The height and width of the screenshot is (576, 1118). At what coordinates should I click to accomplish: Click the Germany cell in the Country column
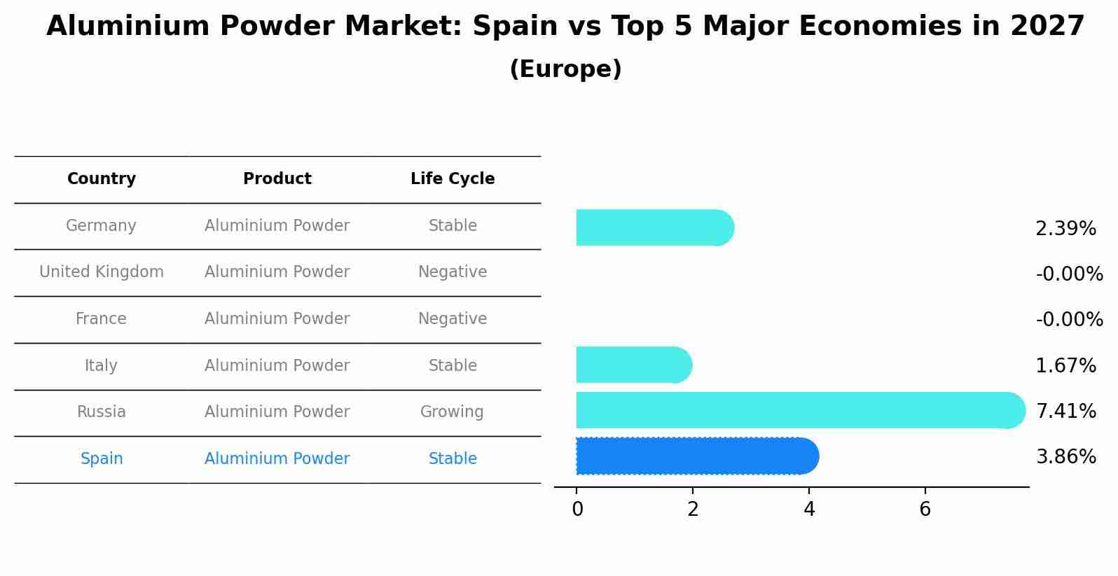click(x=101, y=226)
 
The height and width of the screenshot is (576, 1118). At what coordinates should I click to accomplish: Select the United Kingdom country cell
click(x=102, y=272)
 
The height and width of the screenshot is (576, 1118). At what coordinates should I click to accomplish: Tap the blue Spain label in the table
click(x=102, y=459)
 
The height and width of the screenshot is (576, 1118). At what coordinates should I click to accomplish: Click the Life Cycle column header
click(x=453, y=179)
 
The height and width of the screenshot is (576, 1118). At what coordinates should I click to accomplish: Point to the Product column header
click(x=277, y=179)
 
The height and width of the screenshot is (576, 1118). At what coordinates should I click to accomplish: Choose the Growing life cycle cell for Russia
click(x=452, y=412)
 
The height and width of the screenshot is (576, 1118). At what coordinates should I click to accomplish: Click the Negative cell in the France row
click(x=453, y=319)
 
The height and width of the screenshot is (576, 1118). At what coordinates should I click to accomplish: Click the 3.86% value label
click(x=1065, y=457)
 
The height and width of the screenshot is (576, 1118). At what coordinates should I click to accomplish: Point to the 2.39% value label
click(x=1065, y=229)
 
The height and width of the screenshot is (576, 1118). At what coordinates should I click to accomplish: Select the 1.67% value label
click(x=1065, y=366)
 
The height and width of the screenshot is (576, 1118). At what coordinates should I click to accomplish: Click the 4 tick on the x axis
click(x=809, y=510)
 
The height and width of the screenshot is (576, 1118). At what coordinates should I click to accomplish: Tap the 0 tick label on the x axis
click(x=577, y=510)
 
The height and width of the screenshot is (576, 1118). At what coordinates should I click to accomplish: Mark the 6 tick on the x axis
click(x=925, y=510)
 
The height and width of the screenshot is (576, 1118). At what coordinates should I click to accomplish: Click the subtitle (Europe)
click(x=565, y=69)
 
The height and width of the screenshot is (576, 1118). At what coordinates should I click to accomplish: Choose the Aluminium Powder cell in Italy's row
click(x=277, y=366)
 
